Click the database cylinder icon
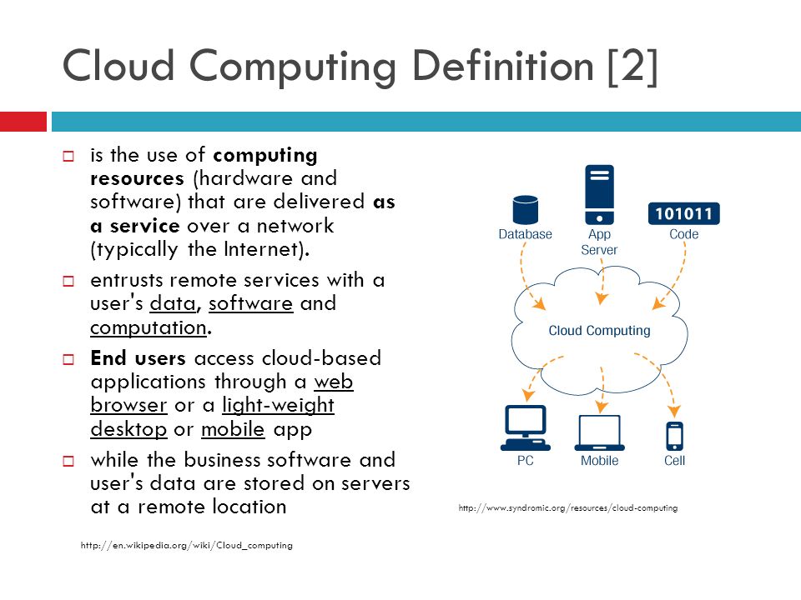coord(525,210)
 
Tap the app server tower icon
coord(599,194)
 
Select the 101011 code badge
coord(683,213)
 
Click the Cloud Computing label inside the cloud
coord(599,331)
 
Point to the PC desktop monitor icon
coord(525,427)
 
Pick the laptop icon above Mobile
coord(600,432)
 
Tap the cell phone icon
coord(674,436)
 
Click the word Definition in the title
coord(502,67)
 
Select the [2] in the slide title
coord(632,67)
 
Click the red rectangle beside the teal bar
coord(23,122)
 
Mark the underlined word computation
coord(149,327)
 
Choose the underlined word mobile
coord(233,429)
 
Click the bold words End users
coord(138,358)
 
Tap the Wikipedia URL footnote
coord(186,545)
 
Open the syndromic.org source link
coord(568,507)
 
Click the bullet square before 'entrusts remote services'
coord(68,281)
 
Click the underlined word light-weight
coord(278,406)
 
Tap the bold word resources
coord(137,179)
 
